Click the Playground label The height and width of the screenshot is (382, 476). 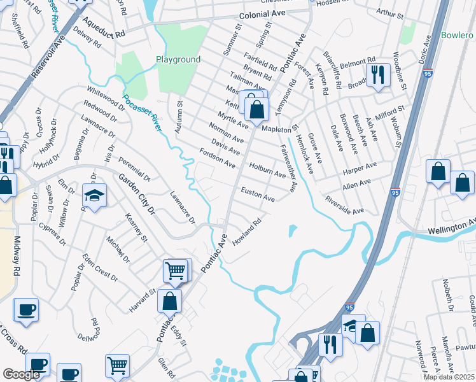coord(178,60)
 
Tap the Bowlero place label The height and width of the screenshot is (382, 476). coord(458,35)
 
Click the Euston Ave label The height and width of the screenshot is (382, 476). coord(257,194)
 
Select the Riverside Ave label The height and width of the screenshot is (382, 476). coord(344,204)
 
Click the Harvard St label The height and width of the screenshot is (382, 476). coord(144,298)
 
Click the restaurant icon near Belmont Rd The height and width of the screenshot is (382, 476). coord(379,75)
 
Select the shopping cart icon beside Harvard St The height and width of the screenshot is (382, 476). coord(176,270)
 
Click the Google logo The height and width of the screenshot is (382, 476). coord(21,374)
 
